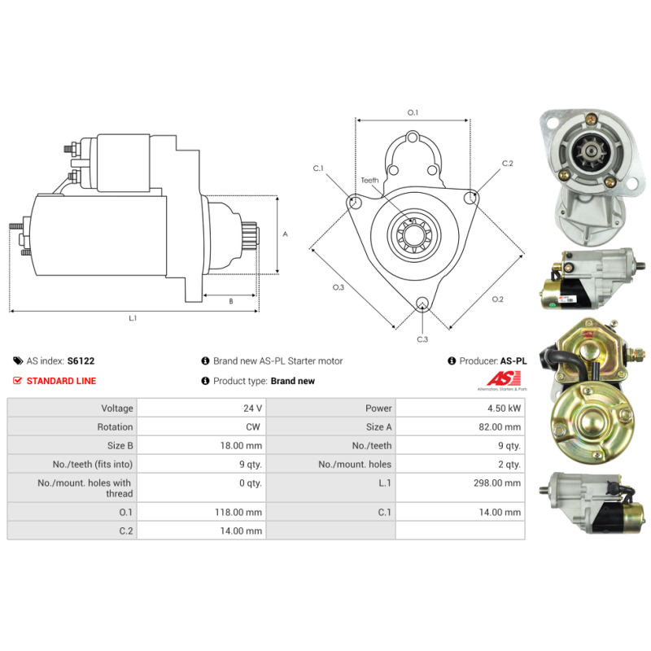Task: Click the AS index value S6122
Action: (81, 360)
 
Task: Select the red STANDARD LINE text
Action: (61, 381)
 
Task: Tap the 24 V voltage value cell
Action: (252, 409)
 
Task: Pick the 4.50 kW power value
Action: (504, 409)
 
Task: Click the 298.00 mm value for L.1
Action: (497, 483)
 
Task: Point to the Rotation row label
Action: (115, 426)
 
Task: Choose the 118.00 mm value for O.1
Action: (238, 513)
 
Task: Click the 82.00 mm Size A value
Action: (500, 426)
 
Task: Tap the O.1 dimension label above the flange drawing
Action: (413, 112)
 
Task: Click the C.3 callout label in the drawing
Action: (422, 339)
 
